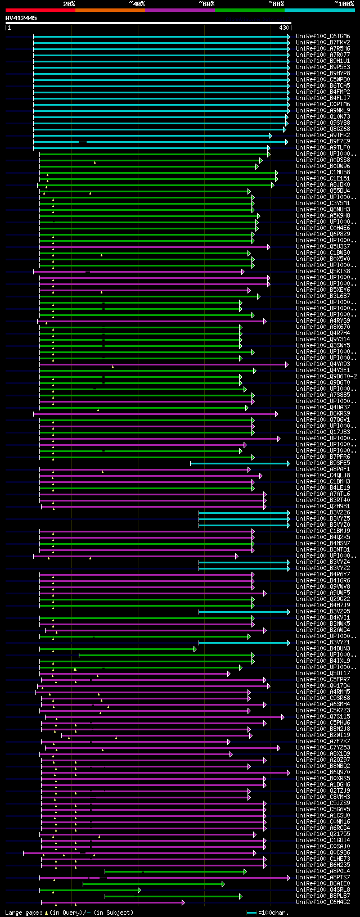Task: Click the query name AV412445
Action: pos(21,18)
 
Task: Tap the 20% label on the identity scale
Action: pos(69,4)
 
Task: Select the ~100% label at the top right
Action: pos(344,4)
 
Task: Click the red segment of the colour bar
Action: pos(40,10)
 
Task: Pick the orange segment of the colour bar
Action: pos(110,10)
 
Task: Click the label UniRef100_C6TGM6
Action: pos(323,37)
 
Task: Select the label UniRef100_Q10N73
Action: pos(323,117)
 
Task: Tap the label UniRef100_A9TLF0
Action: pos(323,148)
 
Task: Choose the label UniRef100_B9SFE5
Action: pos(323,463)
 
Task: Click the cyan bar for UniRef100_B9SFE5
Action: pos(239,463)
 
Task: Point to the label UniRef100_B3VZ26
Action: pos(323,513)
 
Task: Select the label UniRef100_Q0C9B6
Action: pos(323,853)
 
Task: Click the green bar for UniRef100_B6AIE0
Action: pos(152,884)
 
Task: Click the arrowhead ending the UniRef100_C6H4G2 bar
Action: pos(183,902)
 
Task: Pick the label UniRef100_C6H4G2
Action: pos(323,902)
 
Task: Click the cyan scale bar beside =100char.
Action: pos(251,913)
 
